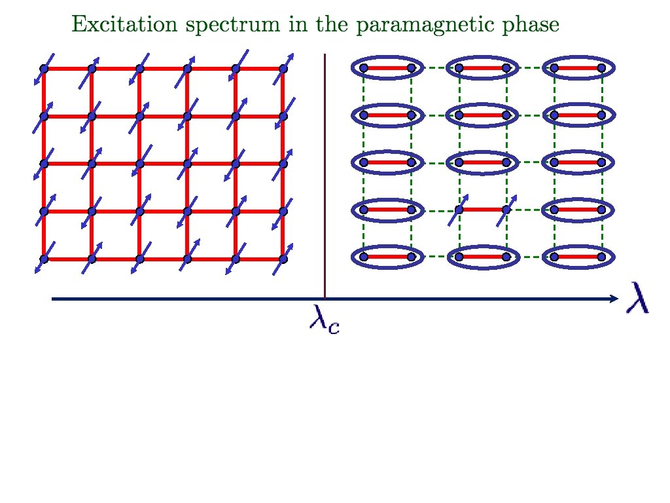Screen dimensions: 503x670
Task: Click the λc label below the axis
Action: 324,320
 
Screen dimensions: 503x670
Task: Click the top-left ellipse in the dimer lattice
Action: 387,67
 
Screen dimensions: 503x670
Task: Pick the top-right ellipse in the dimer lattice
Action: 577,67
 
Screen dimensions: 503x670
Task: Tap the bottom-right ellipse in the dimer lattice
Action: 577,257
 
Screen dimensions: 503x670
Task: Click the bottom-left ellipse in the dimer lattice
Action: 387,257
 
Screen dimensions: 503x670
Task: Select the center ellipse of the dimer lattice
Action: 482,162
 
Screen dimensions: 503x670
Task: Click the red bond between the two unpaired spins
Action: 483,210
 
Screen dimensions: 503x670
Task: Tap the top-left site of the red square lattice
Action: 44,68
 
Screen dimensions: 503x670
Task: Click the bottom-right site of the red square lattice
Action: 283,259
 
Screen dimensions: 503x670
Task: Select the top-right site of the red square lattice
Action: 283,68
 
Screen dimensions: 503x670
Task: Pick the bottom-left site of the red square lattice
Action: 44,259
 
